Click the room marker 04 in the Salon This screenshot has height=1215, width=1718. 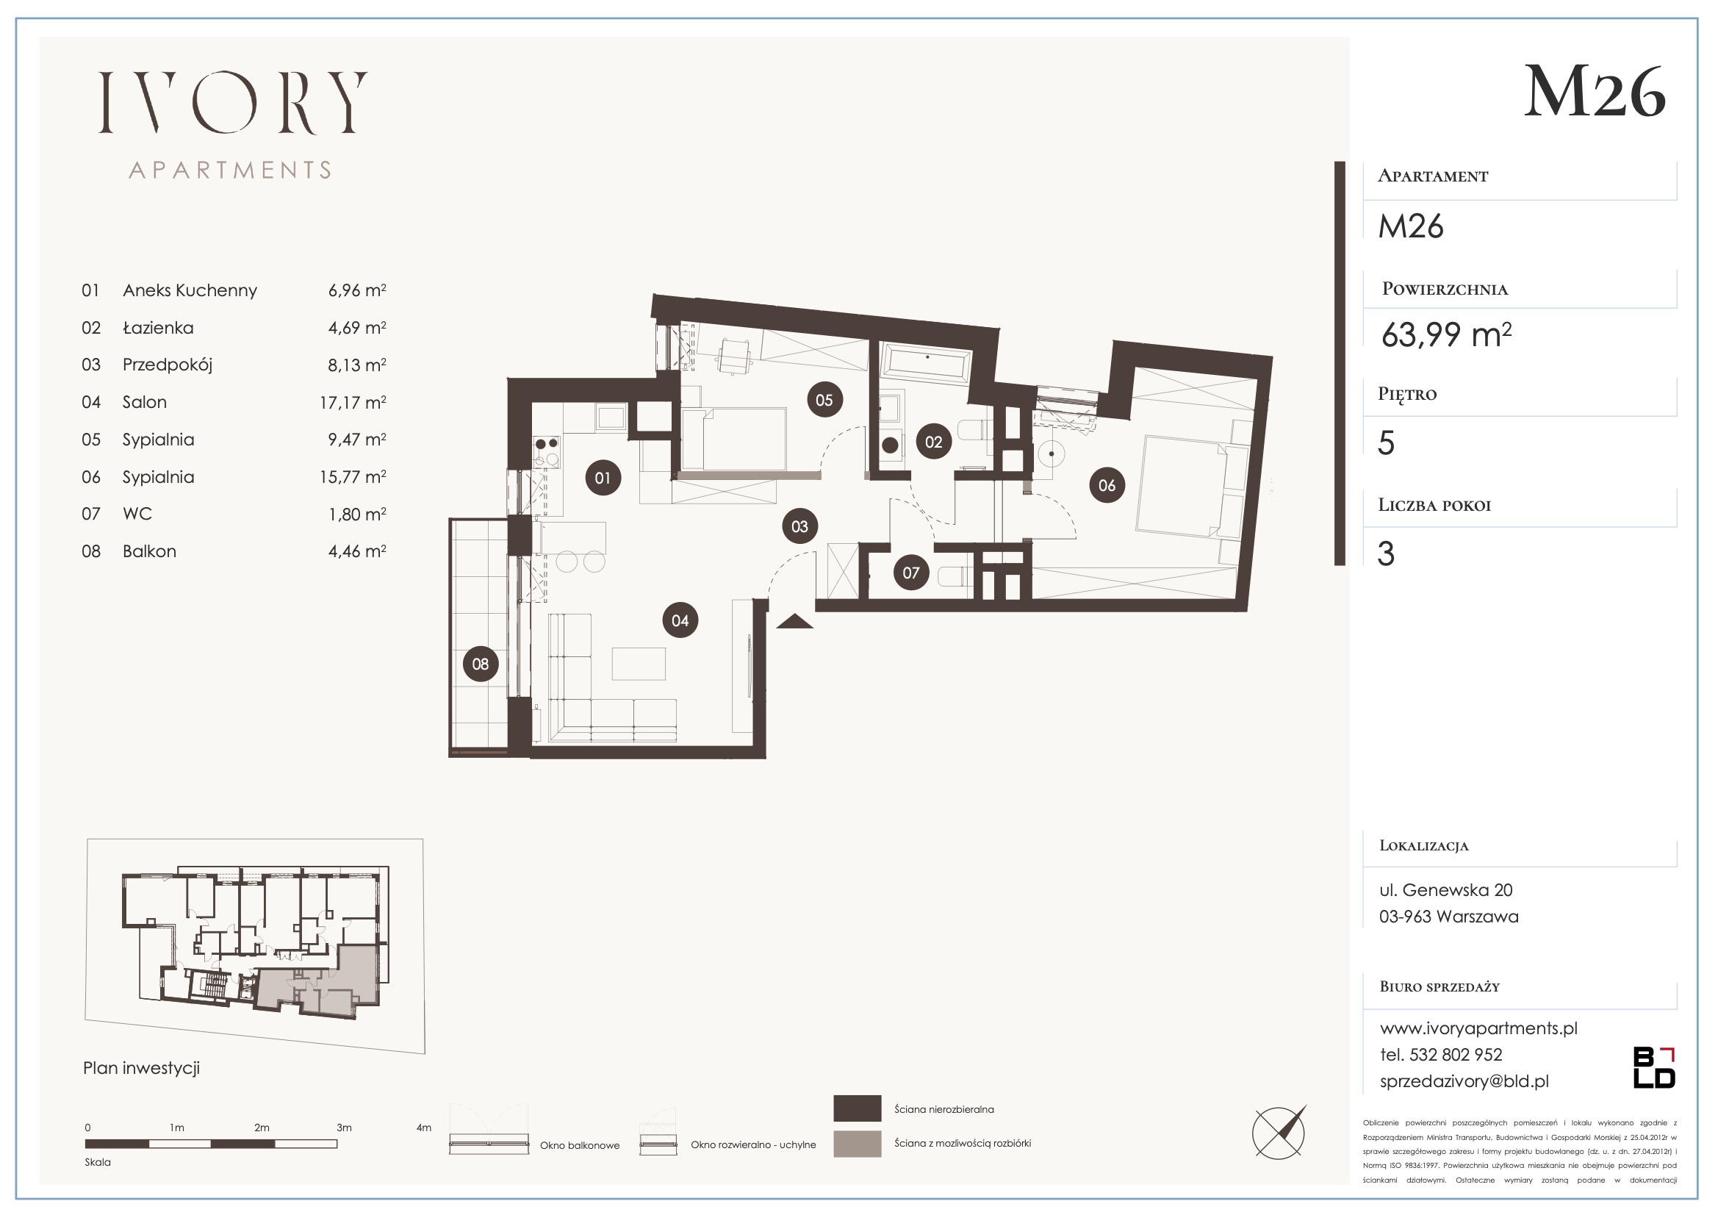[680, 620]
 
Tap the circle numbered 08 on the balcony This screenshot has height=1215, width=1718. [481, 663]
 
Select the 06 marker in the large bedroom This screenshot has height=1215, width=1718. [1107, 485]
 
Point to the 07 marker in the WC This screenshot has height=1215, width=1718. [910, 573]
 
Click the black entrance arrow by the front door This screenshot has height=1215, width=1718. [794, 621]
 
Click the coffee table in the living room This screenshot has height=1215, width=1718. [639, 663]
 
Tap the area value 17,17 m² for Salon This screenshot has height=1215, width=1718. [353, 402]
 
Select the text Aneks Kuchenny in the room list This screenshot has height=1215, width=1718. [190, 290]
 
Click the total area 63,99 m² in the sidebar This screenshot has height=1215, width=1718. [1445, 334]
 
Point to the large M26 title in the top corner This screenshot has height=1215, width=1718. [1595, 91]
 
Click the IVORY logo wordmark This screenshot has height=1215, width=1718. [233, 103]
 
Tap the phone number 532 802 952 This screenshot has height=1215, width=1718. [1456, 1055]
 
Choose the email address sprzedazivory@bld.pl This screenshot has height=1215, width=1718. [1464, 1081]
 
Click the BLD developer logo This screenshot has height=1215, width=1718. [1653, 1067]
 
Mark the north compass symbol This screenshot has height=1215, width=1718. [1279, 1133]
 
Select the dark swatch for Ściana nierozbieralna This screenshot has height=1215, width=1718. [858, 1108]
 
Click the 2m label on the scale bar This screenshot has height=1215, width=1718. [261, 1128]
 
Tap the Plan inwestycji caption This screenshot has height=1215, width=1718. [141, 1068]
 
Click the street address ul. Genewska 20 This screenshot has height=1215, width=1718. [1445, 890]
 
